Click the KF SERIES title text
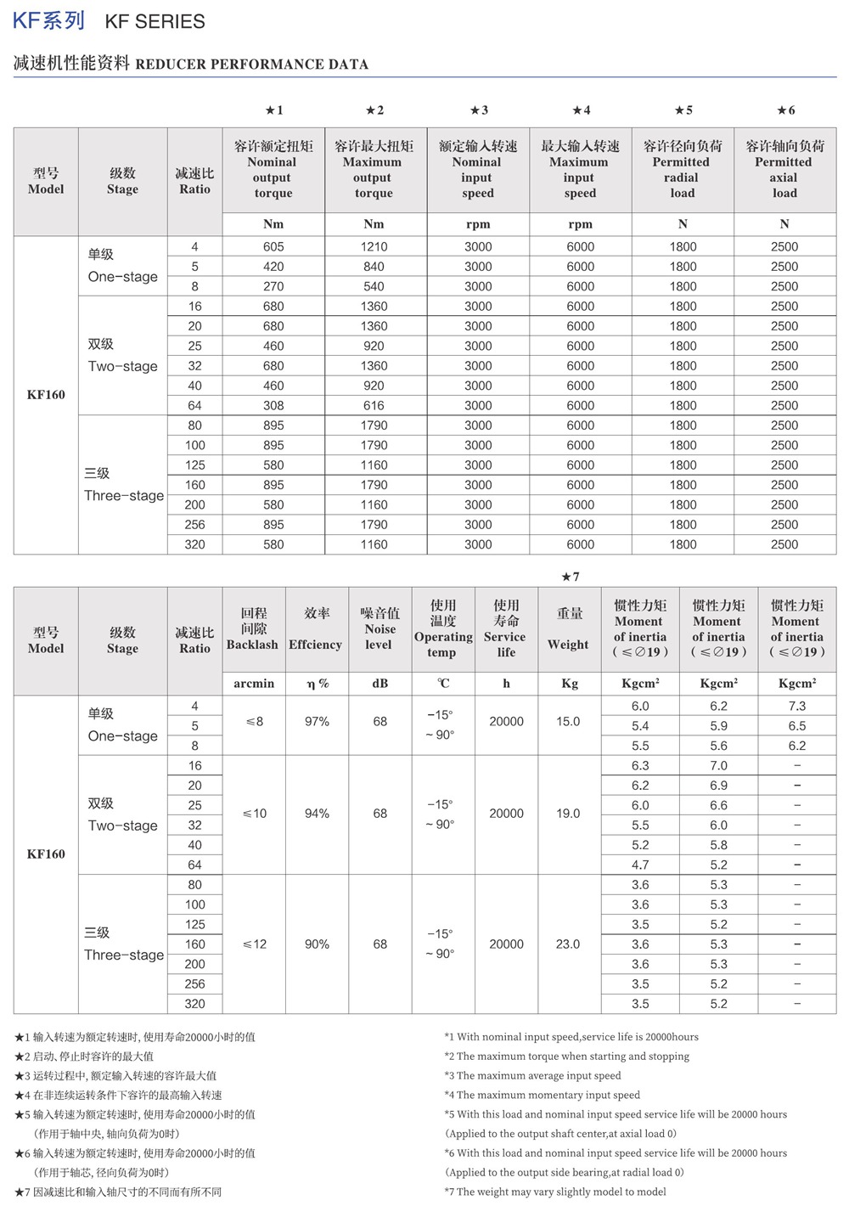[x=155, y=22]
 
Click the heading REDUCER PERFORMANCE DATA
[x=252, y=64]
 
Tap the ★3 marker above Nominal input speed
[x=479, y=110]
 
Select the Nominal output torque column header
[x=273, y=170]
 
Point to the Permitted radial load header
[x=682, y=170]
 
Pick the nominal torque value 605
[x=273, y=246]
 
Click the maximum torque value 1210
[x=374, y=246]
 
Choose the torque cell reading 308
[x=273, y=405]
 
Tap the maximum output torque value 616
[x=374, y=405]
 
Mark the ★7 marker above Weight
[x=571, y=577]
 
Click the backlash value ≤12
[x=254, y=944]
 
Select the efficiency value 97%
[x=317, y=721]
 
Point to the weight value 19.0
[x=568, y=813]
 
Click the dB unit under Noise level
[x=380, y=683]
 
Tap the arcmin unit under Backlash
[x=254, y=683]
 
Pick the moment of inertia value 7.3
[x=796, y=706]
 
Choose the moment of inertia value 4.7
[x=640, y=865]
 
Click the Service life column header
[x=506, y=628]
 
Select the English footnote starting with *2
[x=566, y=1056]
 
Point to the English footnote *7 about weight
[x=555, y=1192]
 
